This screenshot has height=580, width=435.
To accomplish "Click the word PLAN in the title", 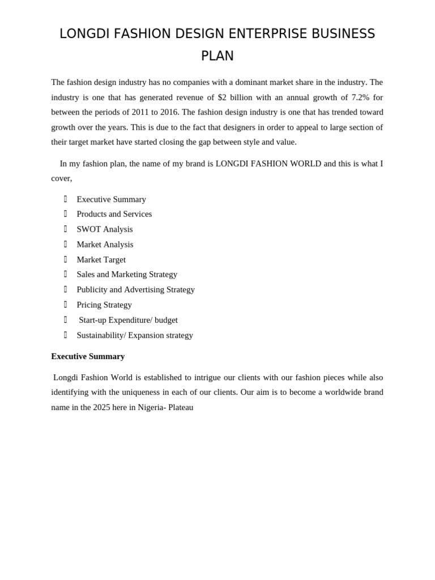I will coord(217,56).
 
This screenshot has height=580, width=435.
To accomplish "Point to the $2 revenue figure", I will coord(222,97).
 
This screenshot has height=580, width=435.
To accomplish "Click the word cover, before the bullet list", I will coord(62,178).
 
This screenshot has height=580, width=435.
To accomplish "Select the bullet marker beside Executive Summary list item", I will coord(66,199).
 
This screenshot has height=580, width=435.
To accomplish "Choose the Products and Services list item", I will coord(114,214).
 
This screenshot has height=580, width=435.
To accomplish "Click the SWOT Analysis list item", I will coord(105,229).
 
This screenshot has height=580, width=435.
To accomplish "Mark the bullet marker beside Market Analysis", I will coord(66,244).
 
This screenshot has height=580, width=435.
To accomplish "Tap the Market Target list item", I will coord(101,259).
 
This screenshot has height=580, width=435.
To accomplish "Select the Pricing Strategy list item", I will coord(104,305).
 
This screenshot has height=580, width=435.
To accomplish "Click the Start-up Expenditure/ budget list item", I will coord(128,320).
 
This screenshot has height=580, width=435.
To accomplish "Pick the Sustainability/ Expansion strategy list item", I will coord(135,335).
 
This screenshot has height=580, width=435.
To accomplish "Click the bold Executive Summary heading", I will coord(88,356).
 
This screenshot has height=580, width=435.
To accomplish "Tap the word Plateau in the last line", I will coord(181,407).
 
